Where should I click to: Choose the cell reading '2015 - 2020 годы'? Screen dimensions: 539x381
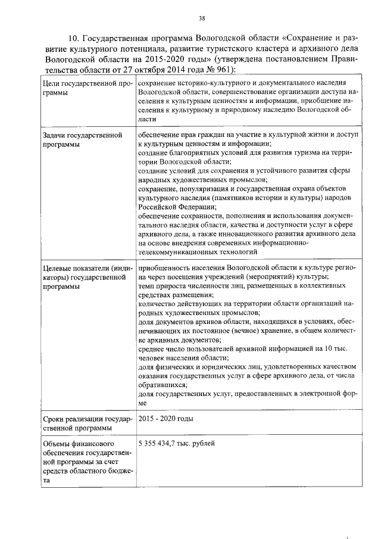165,419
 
